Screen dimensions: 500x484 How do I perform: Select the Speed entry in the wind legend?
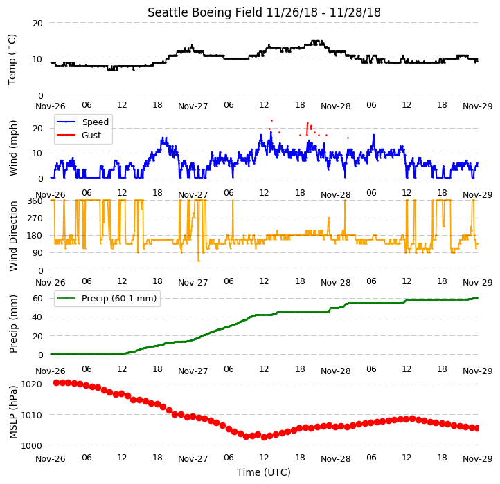click(x=96, y=122)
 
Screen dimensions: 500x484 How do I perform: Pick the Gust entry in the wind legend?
click(x=91, y=136)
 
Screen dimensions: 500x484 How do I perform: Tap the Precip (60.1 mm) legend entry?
click(x=119, y=299)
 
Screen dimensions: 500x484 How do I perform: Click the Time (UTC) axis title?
click(x=264, y=472)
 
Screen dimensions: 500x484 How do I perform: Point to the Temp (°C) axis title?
click(x=12, y=59)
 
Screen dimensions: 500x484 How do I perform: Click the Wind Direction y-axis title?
click(x=13, y=236)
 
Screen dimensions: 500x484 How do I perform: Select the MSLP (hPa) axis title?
click(x=13, y=412)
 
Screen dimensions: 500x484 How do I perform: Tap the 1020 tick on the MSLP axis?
click(x=31, y=384)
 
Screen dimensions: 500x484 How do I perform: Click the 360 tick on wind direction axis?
click(x=35, y=201)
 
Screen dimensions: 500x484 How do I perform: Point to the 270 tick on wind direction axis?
click(x=35, y=218)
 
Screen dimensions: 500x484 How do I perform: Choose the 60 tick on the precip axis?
click(x=37, y=299)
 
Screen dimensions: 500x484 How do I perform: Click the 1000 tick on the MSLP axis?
click(x=31, y=445)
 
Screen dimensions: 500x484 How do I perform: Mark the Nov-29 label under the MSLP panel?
click(x=478, y=459)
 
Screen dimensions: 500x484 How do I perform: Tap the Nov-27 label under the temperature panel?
click(x=193, y=106)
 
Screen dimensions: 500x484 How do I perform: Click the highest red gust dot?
click(x=271, y=121)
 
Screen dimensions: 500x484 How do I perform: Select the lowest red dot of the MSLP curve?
click(x=264, y=438)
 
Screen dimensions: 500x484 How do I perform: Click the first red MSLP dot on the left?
click(x=57, y=382)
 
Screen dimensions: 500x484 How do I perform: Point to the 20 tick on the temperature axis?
click(x=37, y=24)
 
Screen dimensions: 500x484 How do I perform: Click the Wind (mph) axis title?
click(x=13, y=148)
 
